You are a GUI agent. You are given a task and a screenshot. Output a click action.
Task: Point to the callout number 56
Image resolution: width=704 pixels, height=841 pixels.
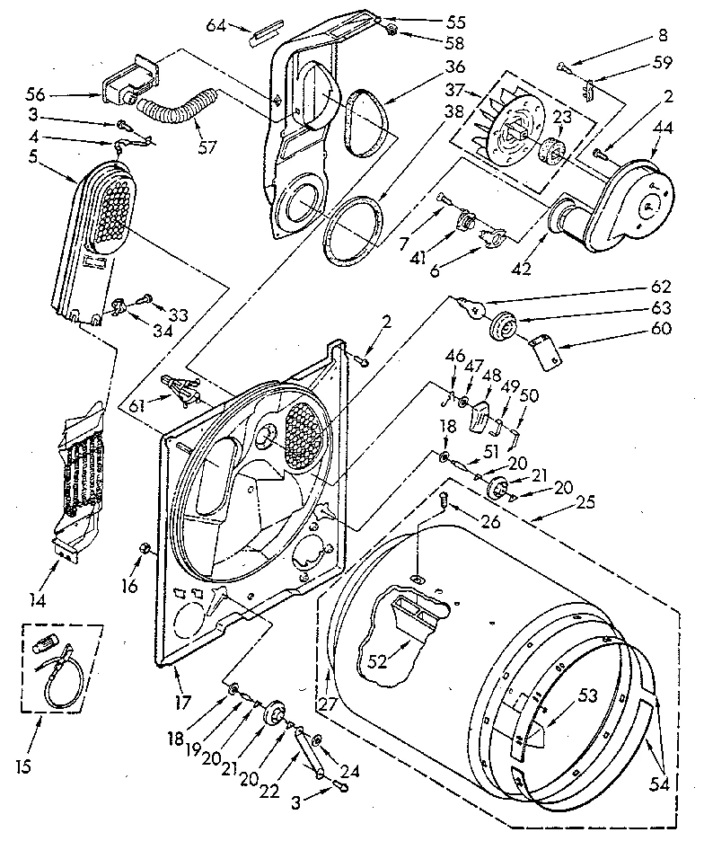tap(62, 93)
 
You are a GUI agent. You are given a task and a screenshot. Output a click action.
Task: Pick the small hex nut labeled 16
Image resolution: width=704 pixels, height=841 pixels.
tap(144, 549)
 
